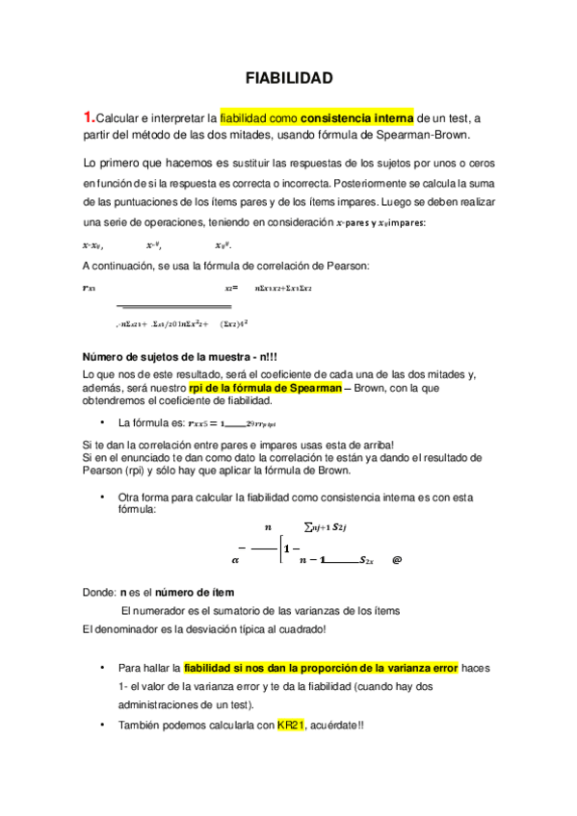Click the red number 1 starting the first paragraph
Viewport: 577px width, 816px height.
click(x=90, y=117)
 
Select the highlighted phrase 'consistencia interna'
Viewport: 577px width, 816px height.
click(x=356, y=117)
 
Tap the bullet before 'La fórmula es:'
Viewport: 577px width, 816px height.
click(x=101, y=422)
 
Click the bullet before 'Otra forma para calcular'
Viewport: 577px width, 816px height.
click(x=101, y=497)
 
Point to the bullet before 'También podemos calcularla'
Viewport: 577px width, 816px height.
click(x=101, y=724)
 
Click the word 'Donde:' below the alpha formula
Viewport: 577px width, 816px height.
click(x=99, y=593)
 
